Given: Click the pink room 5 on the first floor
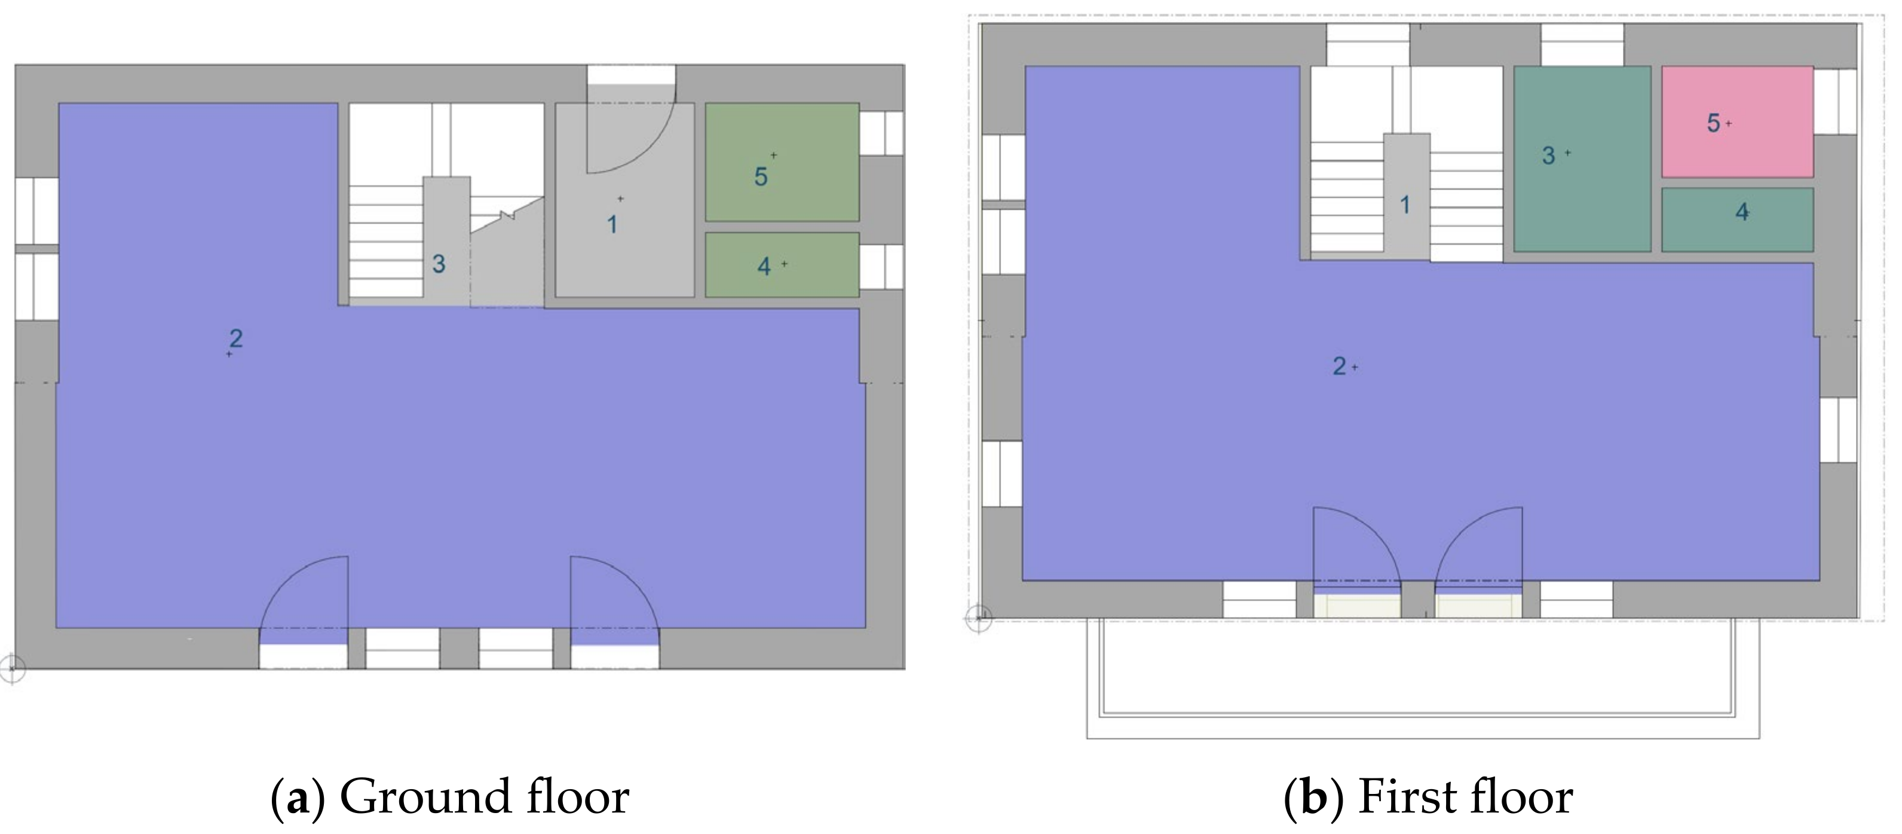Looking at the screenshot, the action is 1737,122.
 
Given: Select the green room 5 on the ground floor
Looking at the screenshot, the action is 782,162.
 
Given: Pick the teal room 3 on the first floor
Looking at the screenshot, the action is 1582,159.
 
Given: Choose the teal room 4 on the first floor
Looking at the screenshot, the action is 1737,219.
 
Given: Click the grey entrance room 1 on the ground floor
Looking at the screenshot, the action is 624,200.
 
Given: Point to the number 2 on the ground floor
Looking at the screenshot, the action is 235,338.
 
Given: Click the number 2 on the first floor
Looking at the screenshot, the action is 1339,366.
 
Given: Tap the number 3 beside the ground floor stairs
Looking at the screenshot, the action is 439,264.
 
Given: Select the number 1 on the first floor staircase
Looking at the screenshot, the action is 1404,204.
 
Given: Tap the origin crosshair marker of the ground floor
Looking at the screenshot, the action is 11,670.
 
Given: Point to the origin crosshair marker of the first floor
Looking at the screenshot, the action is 979,618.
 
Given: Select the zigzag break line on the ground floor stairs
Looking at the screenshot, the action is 507,215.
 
